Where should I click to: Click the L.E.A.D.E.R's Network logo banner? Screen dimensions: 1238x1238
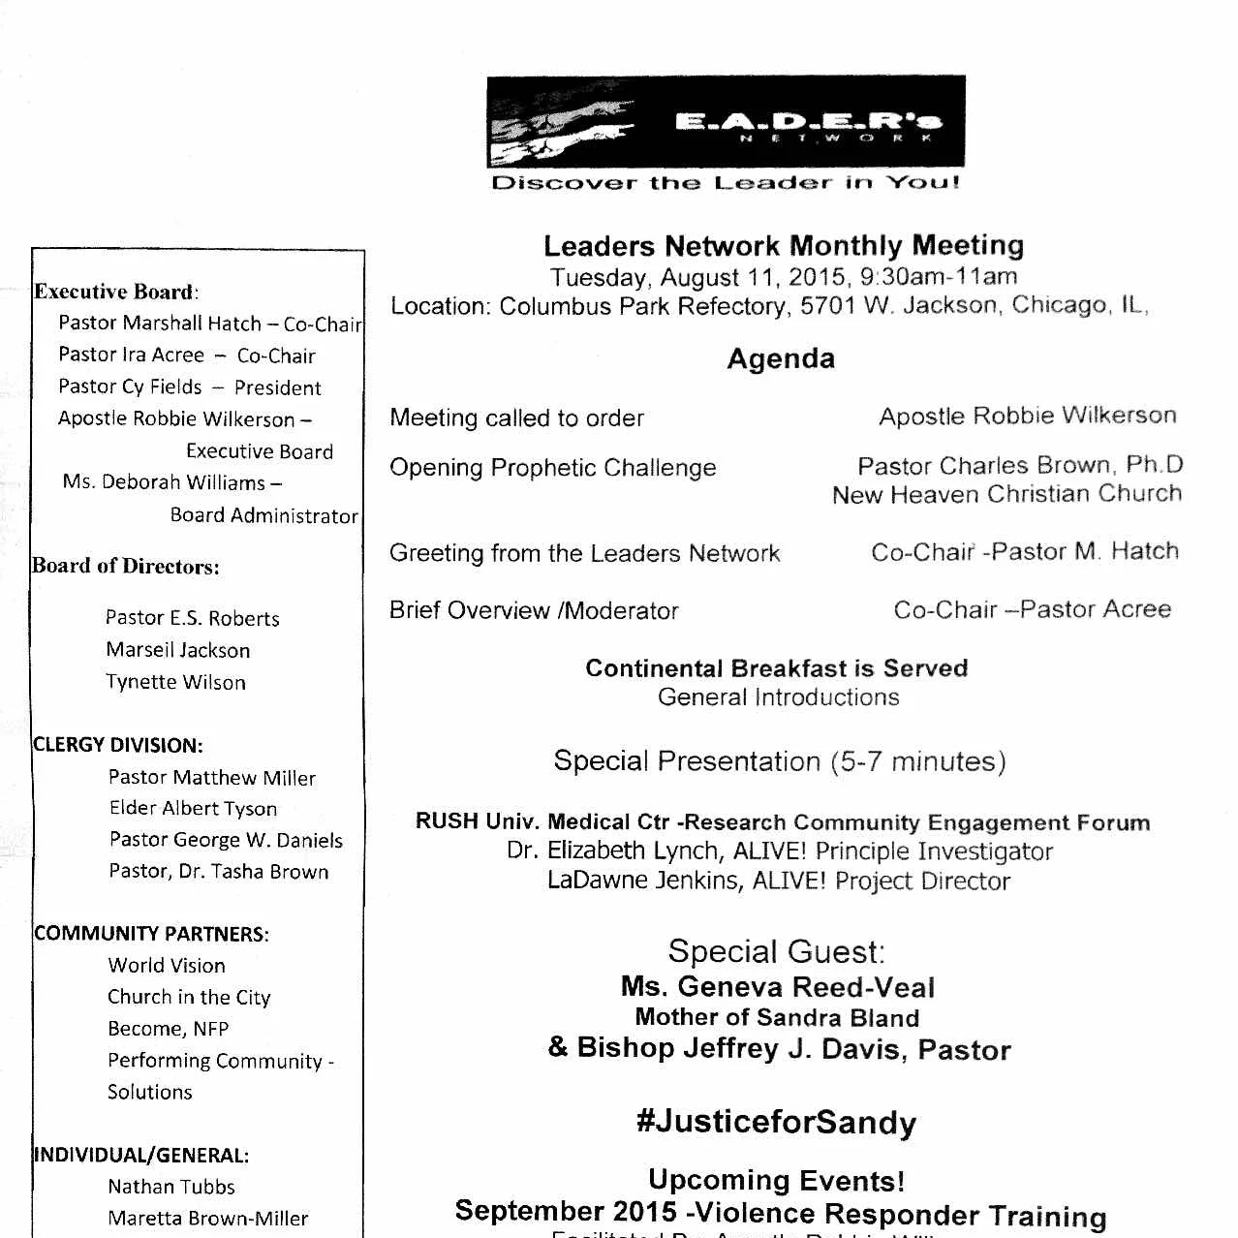pyautogui.click(x=726, y=122)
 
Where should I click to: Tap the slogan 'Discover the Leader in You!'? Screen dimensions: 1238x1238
pyautogui.click(x=726, y=183)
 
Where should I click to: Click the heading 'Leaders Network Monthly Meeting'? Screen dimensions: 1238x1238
pyautogui.click(x=783, y=246)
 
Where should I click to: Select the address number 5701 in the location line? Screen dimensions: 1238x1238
pyautogui.click(x=826, y=306)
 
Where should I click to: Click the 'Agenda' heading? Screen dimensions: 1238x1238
pyautogui.click(x=781, y=359)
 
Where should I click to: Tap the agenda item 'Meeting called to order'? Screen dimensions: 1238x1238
pyautogui.click(x=516, y=418)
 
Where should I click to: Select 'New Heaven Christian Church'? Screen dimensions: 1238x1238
pyautogui.click(x=1006, y=494)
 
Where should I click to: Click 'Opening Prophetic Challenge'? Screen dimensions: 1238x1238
pyautogui.click(x=552, y=468)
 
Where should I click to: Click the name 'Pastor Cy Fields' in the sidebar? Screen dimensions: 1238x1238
pyautogui.click(x=130, y=387)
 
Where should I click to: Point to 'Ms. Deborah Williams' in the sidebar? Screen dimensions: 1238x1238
pyautogui.click(x=164, y=482)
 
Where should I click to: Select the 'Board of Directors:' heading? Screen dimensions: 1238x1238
pyautogui.click(x=126, y=567)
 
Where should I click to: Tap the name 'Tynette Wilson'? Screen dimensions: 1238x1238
pyautogui.click(x=175, y=682)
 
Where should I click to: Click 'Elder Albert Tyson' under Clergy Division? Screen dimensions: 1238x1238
pyautogui.click(x=193, y=808)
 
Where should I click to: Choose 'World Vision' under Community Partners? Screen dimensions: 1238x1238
pyautogui.click(x=167, y=966)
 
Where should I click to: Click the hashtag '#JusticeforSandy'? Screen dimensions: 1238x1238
pyautogui.click(x=776, y=1123)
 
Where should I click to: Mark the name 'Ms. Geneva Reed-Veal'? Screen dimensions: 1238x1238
pyautogui.click(x=778, y=988)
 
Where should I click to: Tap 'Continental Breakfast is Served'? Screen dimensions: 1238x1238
pyautogui.click(x=776, y=668)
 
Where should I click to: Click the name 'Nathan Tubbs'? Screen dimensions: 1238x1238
pyautogui.click(x=171, y=1187)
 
